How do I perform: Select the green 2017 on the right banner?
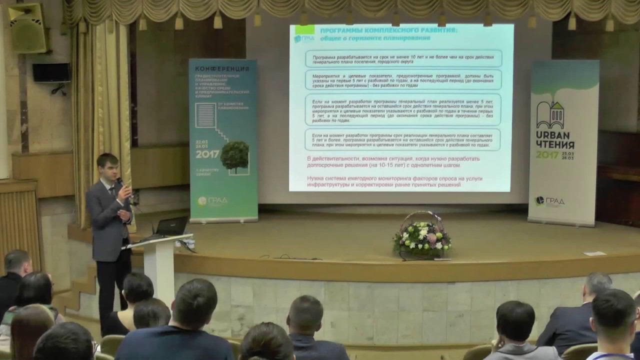coord(547,155)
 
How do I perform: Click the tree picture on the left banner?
coord(234,156)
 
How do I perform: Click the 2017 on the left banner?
coord(207,154)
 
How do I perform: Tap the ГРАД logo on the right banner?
coord(549,201)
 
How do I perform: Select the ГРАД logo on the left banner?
coord(212,201)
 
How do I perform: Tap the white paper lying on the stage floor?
coord(594,253)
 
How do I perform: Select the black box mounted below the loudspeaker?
coord(51,72)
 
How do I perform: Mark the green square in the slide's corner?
coord(304,29)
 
